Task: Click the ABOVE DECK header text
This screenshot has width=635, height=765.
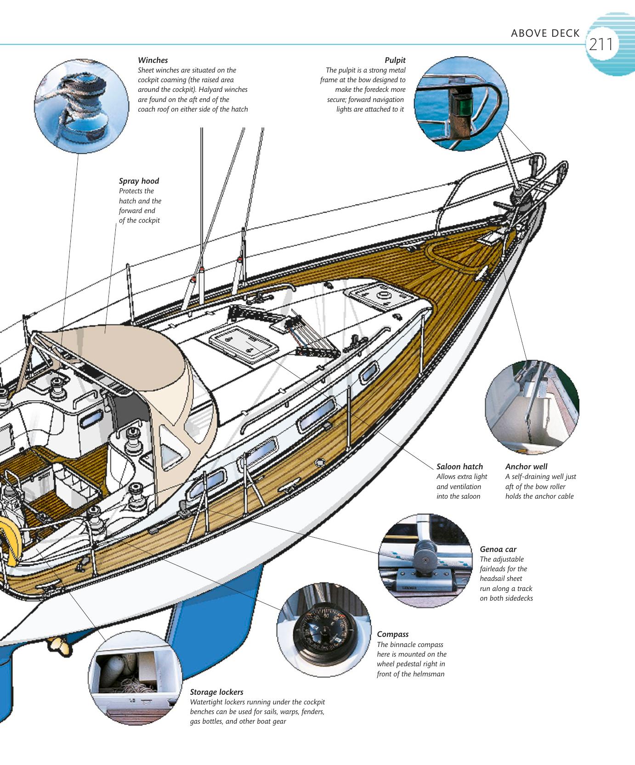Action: coord(545,34)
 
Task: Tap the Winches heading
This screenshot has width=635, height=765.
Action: coord(153,60)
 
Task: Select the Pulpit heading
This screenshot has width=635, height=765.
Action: coord(395,60)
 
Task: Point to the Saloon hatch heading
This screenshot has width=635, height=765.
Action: coord(459,467)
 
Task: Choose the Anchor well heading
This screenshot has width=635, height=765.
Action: coord(526,467)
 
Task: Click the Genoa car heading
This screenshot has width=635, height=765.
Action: coord(498,549)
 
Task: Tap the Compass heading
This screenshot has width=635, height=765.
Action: coord(392,634)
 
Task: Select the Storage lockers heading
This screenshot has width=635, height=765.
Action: coord(216,692)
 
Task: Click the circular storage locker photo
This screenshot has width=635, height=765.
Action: coord(134,677)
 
